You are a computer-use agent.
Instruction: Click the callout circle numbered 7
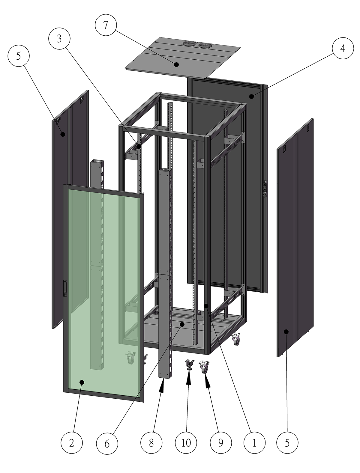(106, 25)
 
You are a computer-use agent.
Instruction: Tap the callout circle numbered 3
(59, 39)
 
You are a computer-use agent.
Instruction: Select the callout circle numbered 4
(343, 48)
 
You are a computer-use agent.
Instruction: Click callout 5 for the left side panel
(19, 56)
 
